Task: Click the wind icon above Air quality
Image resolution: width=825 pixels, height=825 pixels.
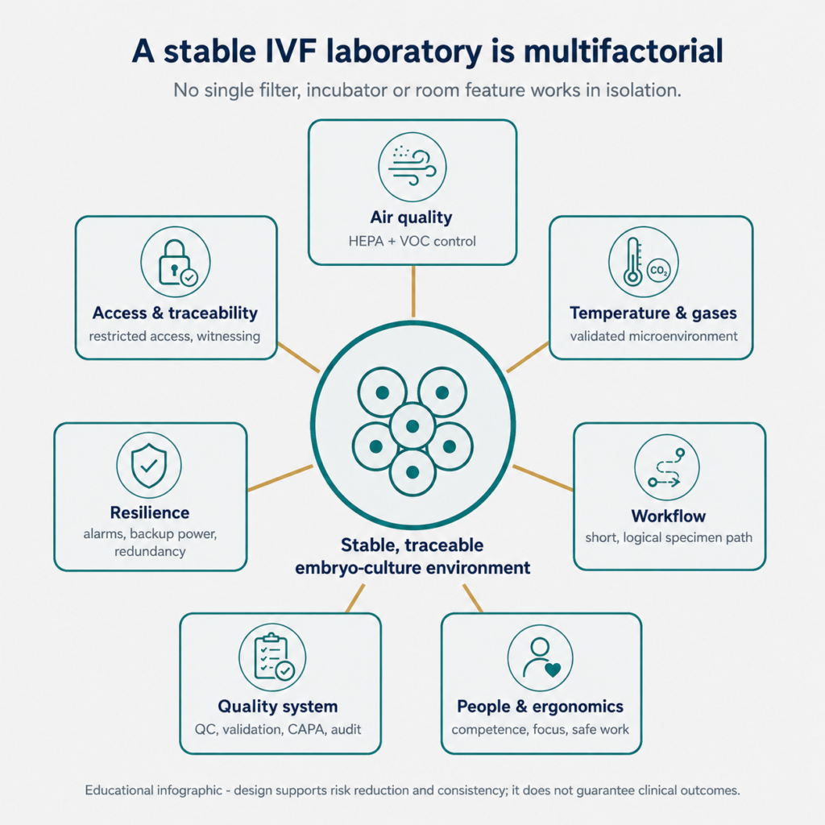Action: click(x=412, y=166)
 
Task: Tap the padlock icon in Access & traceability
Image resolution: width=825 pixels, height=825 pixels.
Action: click(x=174, y=262)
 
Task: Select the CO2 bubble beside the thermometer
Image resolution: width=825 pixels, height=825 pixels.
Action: click(x=658, y=271)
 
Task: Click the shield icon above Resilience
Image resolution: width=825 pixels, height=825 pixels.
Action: click(x=149, y=466)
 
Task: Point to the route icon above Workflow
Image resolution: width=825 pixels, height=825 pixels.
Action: click(x=666, y=468)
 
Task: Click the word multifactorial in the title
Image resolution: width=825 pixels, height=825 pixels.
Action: click(x=623, y=52)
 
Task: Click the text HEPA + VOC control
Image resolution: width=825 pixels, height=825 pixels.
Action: click(x=412, y=241)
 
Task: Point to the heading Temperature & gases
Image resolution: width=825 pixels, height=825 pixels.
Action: click(x=653, y=313)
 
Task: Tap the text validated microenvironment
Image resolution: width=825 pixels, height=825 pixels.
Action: click(x=653, y=336)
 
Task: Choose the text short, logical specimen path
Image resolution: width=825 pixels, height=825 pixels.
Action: click(x=669, y=537)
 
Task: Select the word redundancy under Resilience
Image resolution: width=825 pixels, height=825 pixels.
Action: click(x=150, y=551)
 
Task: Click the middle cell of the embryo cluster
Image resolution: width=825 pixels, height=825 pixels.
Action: click(x=412, y=426)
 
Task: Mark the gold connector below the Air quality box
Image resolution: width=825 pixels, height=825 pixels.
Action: click(x=413, y=291)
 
